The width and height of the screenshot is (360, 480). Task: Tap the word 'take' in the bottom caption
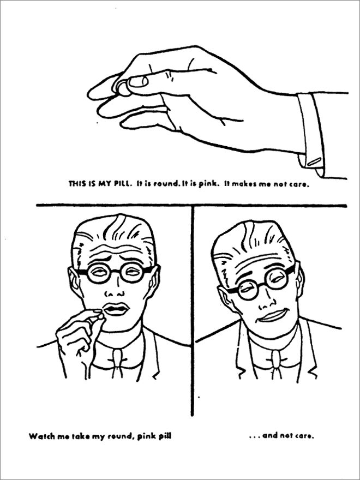tap(86, 436)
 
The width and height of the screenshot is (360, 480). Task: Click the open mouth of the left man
tap(115, 309)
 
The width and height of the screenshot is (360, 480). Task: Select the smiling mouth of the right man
tap(273, 315)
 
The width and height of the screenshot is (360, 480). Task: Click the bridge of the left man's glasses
tap(115, 271)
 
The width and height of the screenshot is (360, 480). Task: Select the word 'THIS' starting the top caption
tap(76, 185)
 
